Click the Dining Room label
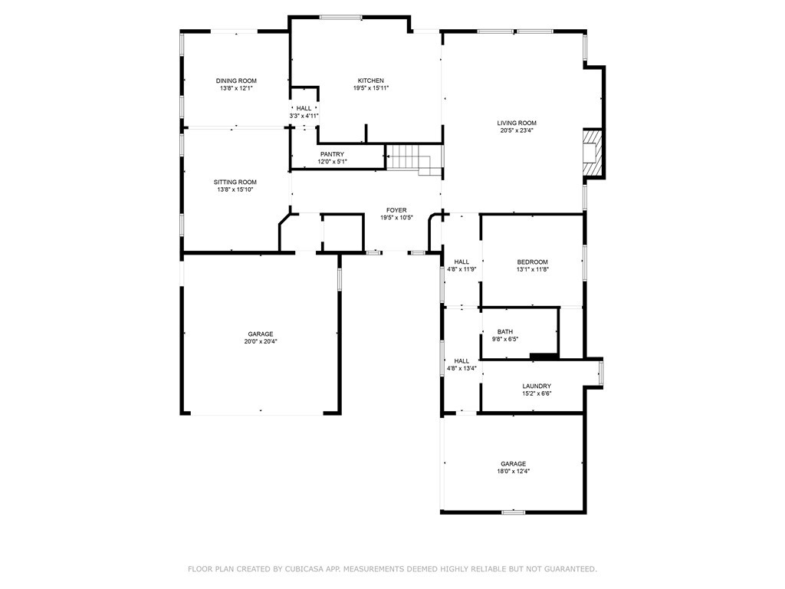(236, 81)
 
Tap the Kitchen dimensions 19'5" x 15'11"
(371, 88)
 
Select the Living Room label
(517, 123)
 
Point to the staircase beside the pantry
(415, 160)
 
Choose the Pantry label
(333, 154)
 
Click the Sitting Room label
(235, 183)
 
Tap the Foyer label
(396, 210)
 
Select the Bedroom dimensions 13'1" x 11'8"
(533, 269)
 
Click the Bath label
(505, 331)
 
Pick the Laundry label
(537, 387)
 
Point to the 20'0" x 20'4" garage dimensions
(261, 341)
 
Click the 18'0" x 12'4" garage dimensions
(514, 472)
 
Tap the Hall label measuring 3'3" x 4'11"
(304, 108)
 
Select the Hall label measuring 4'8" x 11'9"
(461, 262)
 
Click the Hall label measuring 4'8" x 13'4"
(461, 361)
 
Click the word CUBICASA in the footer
(303, 569)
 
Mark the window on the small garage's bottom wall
(514, 512)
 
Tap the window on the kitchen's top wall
(341, 18)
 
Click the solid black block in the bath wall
(544, 356)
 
